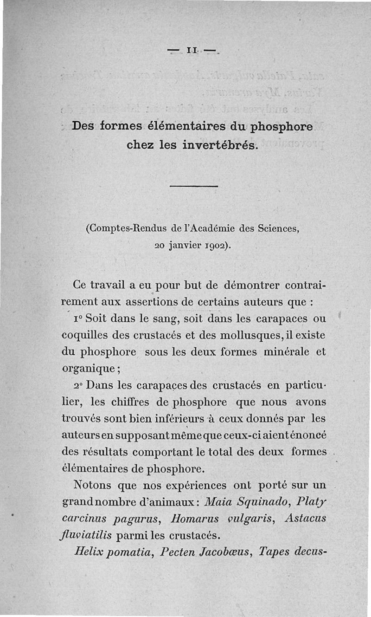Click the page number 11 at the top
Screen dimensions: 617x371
click(x=192, y=50)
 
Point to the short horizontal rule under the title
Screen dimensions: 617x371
click(x=194, y=187)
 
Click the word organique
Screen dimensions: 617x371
click(x=90, y=369)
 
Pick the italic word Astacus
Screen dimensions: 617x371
click(x=305, y=519)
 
